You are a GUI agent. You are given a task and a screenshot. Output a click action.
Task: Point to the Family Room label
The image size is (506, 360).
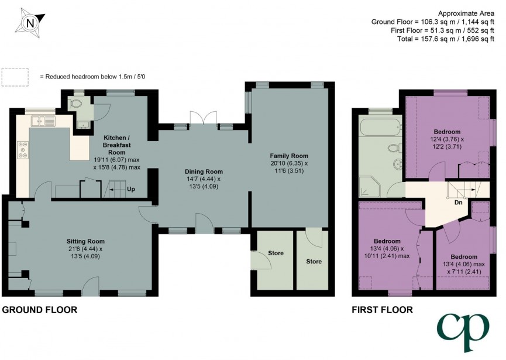[x=288, y=156]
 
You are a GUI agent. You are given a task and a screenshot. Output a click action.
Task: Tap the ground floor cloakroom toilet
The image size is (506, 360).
[x=75, y=103]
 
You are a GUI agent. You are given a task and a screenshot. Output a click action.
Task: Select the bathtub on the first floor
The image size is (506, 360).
[x=381, y=126]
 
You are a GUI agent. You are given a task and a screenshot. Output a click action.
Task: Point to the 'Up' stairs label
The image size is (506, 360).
[x=131, y=190]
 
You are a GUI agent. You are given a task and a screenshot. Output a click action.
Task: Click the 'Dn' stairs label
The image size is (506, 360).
[x=458, y=203]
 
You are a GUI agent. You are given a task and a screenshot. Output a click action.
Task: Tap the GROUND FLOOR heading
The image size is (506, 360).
[x=39, y=310]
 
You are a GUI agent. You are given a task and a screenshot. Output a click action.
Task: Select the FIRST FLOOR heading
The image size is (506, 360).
[x=381, y=310]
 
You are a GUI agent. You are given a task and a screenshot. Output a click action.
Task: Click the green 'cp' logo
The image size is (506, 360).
[x=463, y=332]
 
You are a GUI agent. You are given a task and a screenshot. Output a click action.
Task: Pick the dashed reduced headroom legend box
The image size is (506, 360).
[x=15, y=77]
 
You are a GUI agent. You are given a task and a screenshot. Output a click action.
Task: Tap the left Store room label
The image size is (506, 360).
[x=276, y=253]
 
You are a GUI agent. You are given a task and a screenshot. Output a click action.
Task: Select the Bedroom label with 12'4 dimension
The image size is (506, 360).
[x=447, y=132]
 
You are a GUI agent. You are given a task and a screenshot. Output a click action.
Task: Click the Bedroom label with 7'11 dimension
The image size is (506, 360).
[x=464, y=256]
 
